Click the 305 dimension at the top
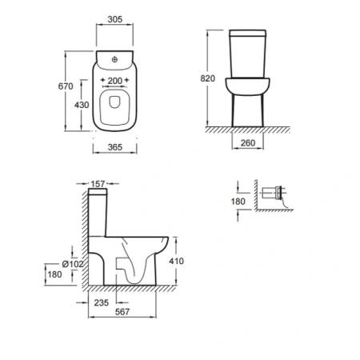pyautogui.click(x=115, y=19)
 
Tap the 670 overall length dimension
pyautogui.click(x=66, y=86)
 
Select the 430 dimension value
pyautogui.click(x=82, y=105)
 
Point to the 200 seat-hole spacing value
pyautogui.click(x=115, y=81)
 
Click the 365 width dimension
pyautogui.click(x=115, y=147)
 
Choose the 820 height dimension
pyautogui.click(x=208, y=78)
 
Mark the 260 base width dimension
pyautogui.click(x=248, y=143)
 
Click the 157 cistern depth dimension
pyautogui.click(x=98, y=184)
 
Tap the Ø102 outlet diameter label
pyautogui.click(x=73, y=264)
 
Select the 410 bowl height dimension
pyautogui.click(x=176, y=261)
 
